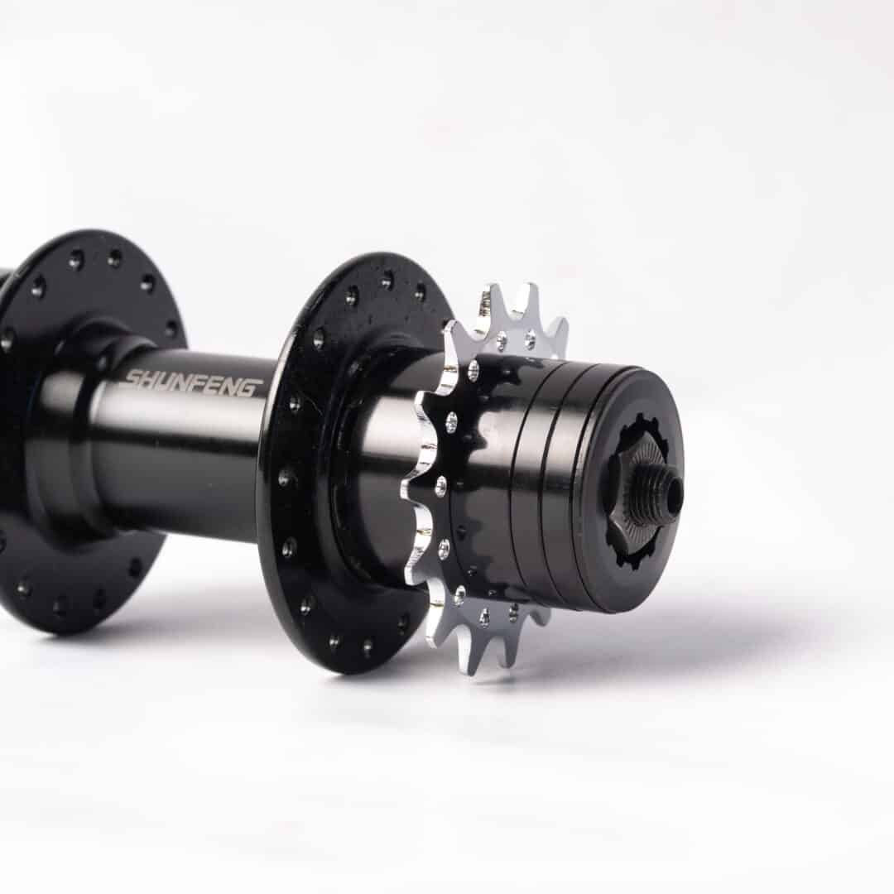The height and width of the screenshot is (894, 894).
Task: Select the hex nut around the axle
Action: (x=633, y=490)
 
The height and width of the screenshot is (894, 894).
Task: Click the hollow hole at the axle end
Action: (x=675, y=489)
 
